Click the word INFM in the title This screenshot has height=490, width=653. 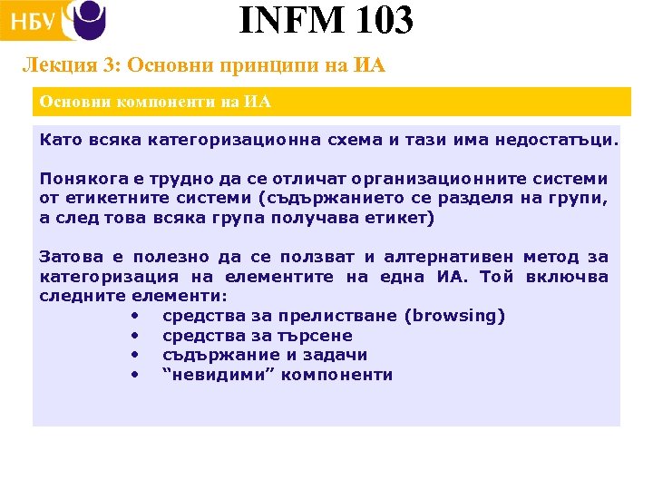point(288,20)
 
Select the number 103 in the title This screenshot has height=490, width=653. point(380,20)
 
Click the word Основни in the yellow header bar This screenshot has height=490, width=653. point(74,102)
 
